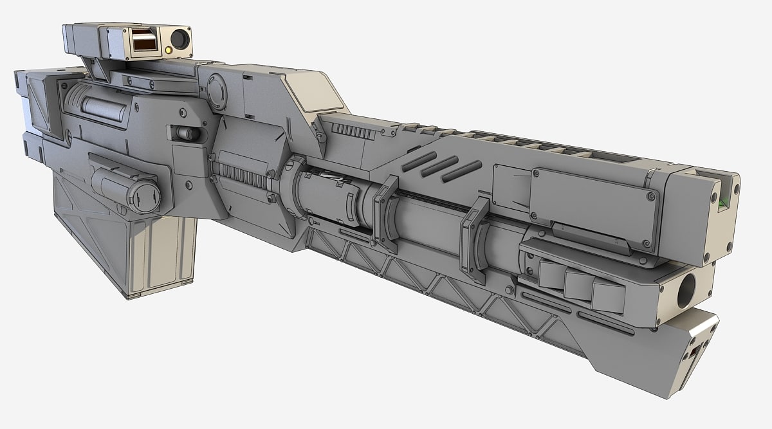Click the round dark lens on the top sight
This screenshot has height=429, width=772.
[x=179, y=41]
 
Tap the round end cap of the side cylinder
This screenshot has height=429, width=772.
[x=144, y=196]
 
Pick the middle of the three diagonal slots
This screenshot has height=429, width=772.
[x=439, y=166]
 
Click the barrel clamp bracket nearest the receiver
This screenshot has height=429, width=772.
[x=387, y=213]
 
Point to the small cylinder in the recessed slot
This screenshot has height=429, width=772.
[x=187, y=134]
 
